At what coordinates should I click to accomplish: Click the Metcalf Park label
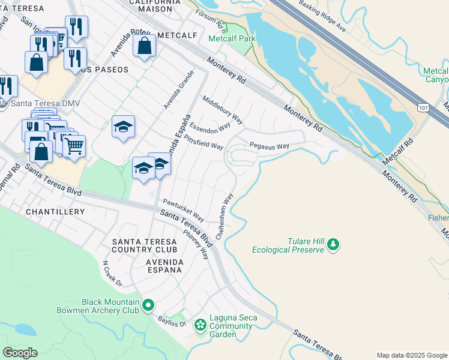coord(232,38)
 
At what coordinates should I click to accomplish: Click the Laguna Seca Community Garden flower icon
coord(200,326)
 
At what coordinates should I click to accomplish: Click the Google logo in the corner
coord(20,352)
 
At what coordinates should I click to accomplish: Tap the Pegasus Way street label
coord(270,146)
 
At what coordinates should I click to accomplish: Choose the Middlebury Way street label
coord(222,110)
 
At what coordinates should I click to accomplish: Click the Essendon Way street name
coord(210,127)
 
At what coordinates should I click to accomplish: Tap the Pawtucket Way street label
coord(183,210)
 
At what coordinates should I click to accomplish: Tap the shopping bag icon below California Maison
coord(145,46)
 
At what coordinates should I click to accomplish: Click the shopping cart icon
coord(74,146)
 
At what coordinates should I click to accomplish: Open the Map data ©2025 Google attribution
coord(412,355)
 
